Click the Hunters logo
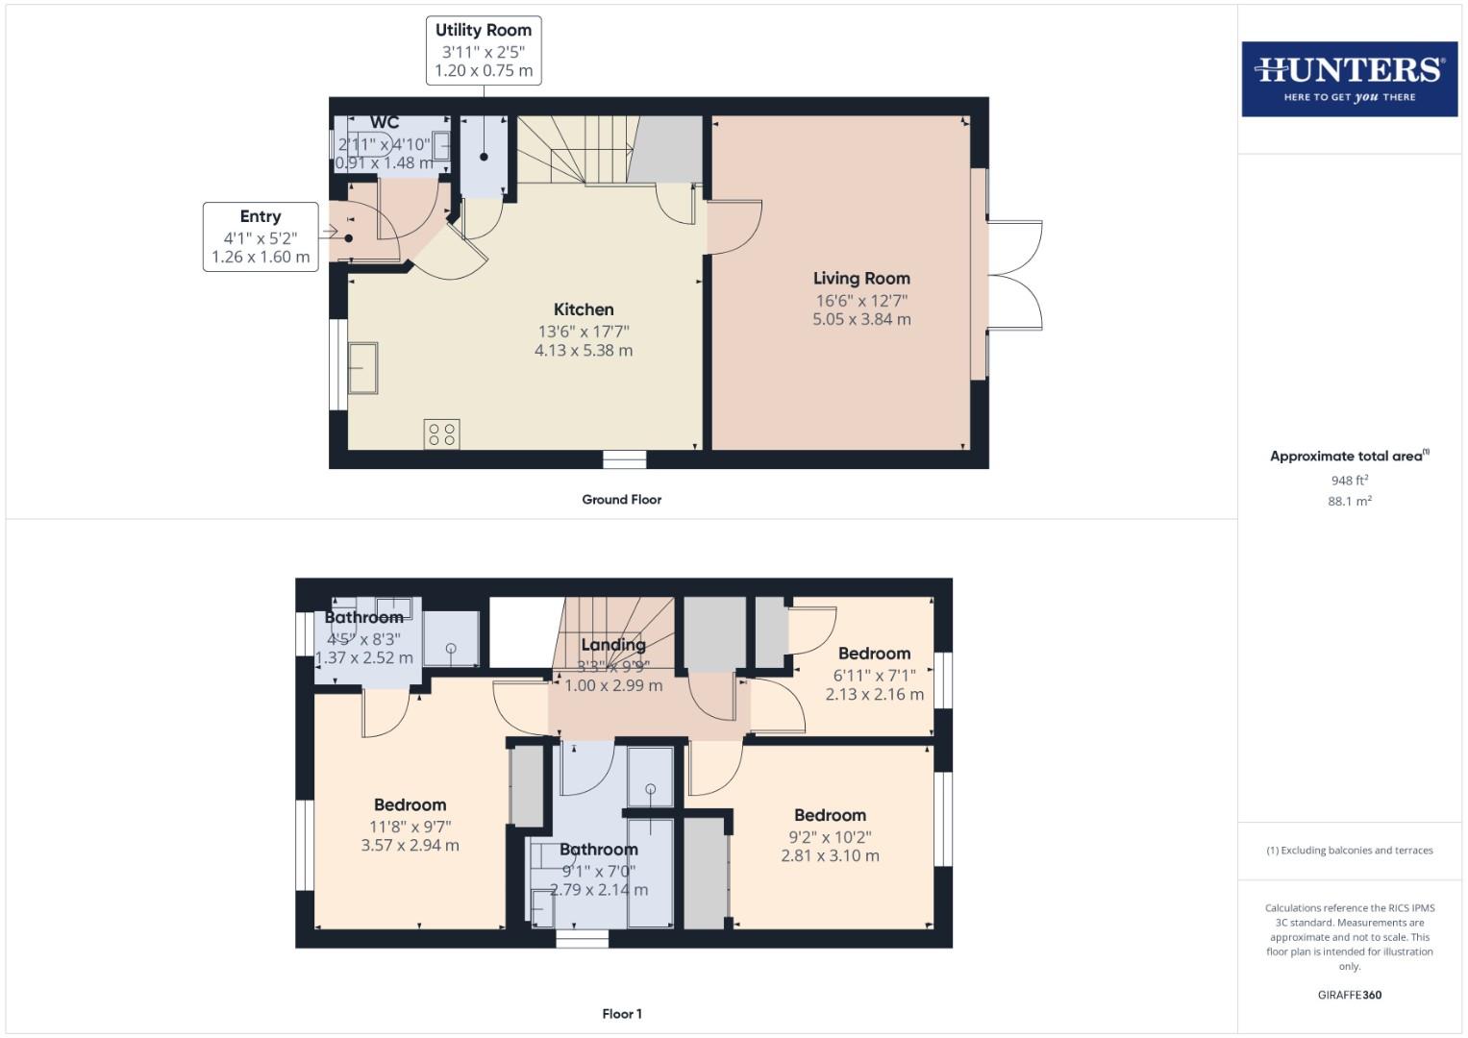(x=1349, y=79)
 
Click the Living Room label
(x=861, y=279)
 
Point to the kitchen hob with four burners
(x=442, y=434)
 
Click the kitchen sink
(x=363, y=368)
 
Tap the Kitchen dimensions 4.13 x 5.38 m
(x=584, y=351)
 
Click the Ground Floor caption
(x=621, y=500)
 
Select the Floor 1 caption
(x=622, y=1014)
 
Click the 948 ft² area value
(x=1349, y=481)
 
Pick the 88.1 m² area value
(x=1349, y=502)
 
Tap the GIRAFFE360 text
(x=1349, y=996)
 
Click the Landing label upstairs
(x=613, y=645)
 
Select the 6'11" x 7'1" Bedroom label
(x=874, y=655)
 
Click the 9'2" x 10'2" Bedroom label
(x=830, y=816)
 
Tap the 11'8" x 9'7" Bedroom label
(x=410, y=805)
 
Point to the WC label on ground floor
(x=385, y=123)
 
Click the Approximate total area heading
(x=1349, y=457)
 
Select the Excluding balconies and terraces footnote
(x=1349, y=851)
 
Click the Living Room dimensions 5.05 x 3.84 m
(x=861, y=320)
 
